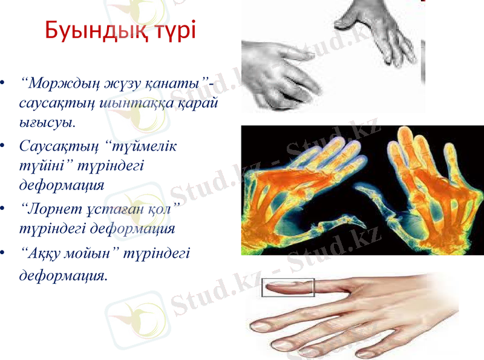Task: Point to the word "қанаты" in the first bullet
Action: (182, 82)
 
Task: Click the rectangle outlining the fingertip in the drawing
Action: (288, 287)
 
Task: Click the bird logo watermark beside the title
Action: (130, 18)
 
